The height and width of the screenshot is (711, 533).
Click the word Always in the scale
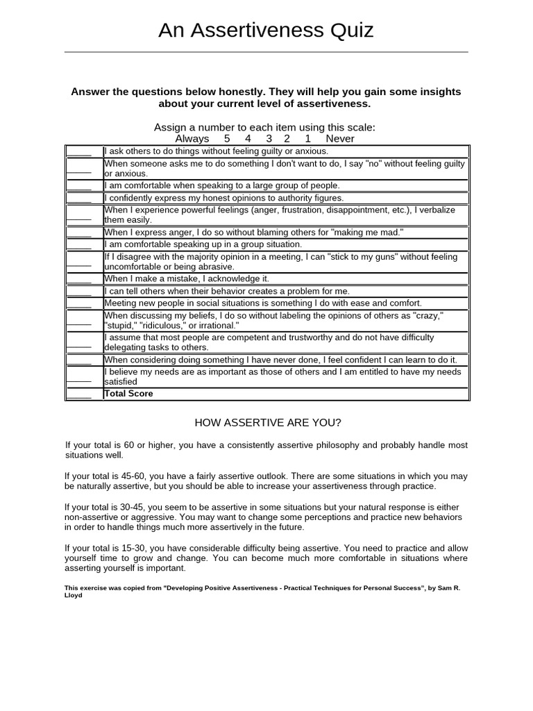192,138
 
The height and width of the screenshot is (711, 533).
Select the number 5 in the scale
227,138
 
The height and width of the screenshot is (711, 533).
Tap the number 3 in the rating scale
269,138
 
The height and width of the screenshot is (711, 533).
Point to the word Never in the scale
339,138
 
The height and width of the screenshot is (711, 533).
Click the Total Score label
128,394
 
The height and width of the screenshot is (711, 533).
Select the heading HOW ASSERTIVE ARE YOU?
267,422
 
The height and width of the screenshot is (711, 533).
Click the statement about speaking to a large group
222,185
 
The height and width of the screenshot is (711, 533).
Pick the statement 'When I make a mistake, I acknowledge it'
186,278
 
